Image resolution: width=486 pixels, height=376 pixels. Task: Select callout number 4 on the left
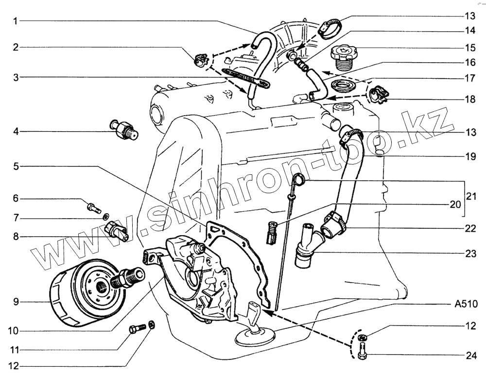tap(16, 131)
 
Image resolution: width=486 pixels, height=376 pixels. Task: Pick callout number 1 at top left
tap(16, 21)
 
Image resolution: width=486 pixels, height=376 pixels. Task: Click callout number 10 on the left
tap(13, 331)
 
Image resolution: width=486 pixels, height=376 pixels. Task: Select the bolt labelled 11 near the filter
tap(137, 329)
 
